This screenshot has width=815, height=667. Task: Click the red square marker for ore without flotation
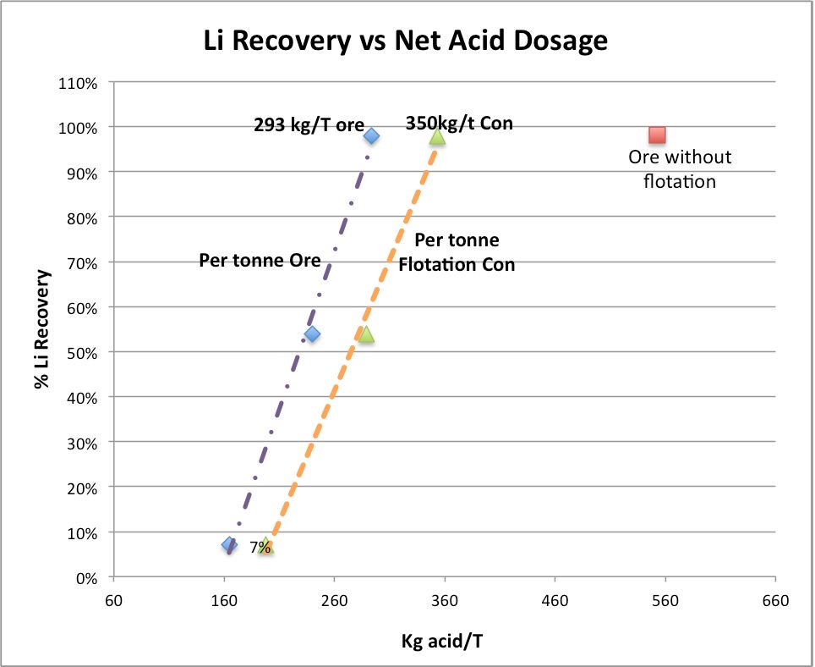(x=657, y=135)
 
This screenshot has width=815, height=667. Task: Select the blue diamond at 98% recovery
(x=371, y=135)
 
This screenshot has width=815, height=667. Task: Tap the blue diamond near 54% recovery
(x=312, y=333)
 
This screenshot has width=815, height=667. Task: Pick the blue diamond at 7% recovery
(x=229, y=544)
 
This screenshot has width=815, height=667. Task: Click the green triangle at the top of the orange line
(x=437, y=136)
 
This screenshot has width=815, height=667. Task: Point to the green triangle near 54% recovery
(x=365, y=334)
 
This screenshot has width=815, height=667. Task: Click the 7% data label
(x=260, y=548)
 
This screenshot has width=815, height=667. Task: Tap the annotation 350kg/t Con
(x=459, y=123)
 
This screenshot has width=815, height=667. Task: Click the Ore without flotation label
(x=680, y=168)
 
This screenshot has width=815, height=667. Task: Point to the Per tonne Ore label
(x=260, y=260)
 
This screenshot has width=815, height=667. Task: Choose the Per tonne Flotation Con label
(x=457, y=252)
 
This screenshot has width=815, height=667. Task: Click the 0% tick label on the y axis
(x=88, y=577)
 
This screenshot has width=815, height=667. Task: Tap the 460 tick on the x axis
(x=555, y=602)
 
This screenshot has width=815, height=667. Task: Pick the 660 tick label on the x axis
(x=775, y=602)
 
